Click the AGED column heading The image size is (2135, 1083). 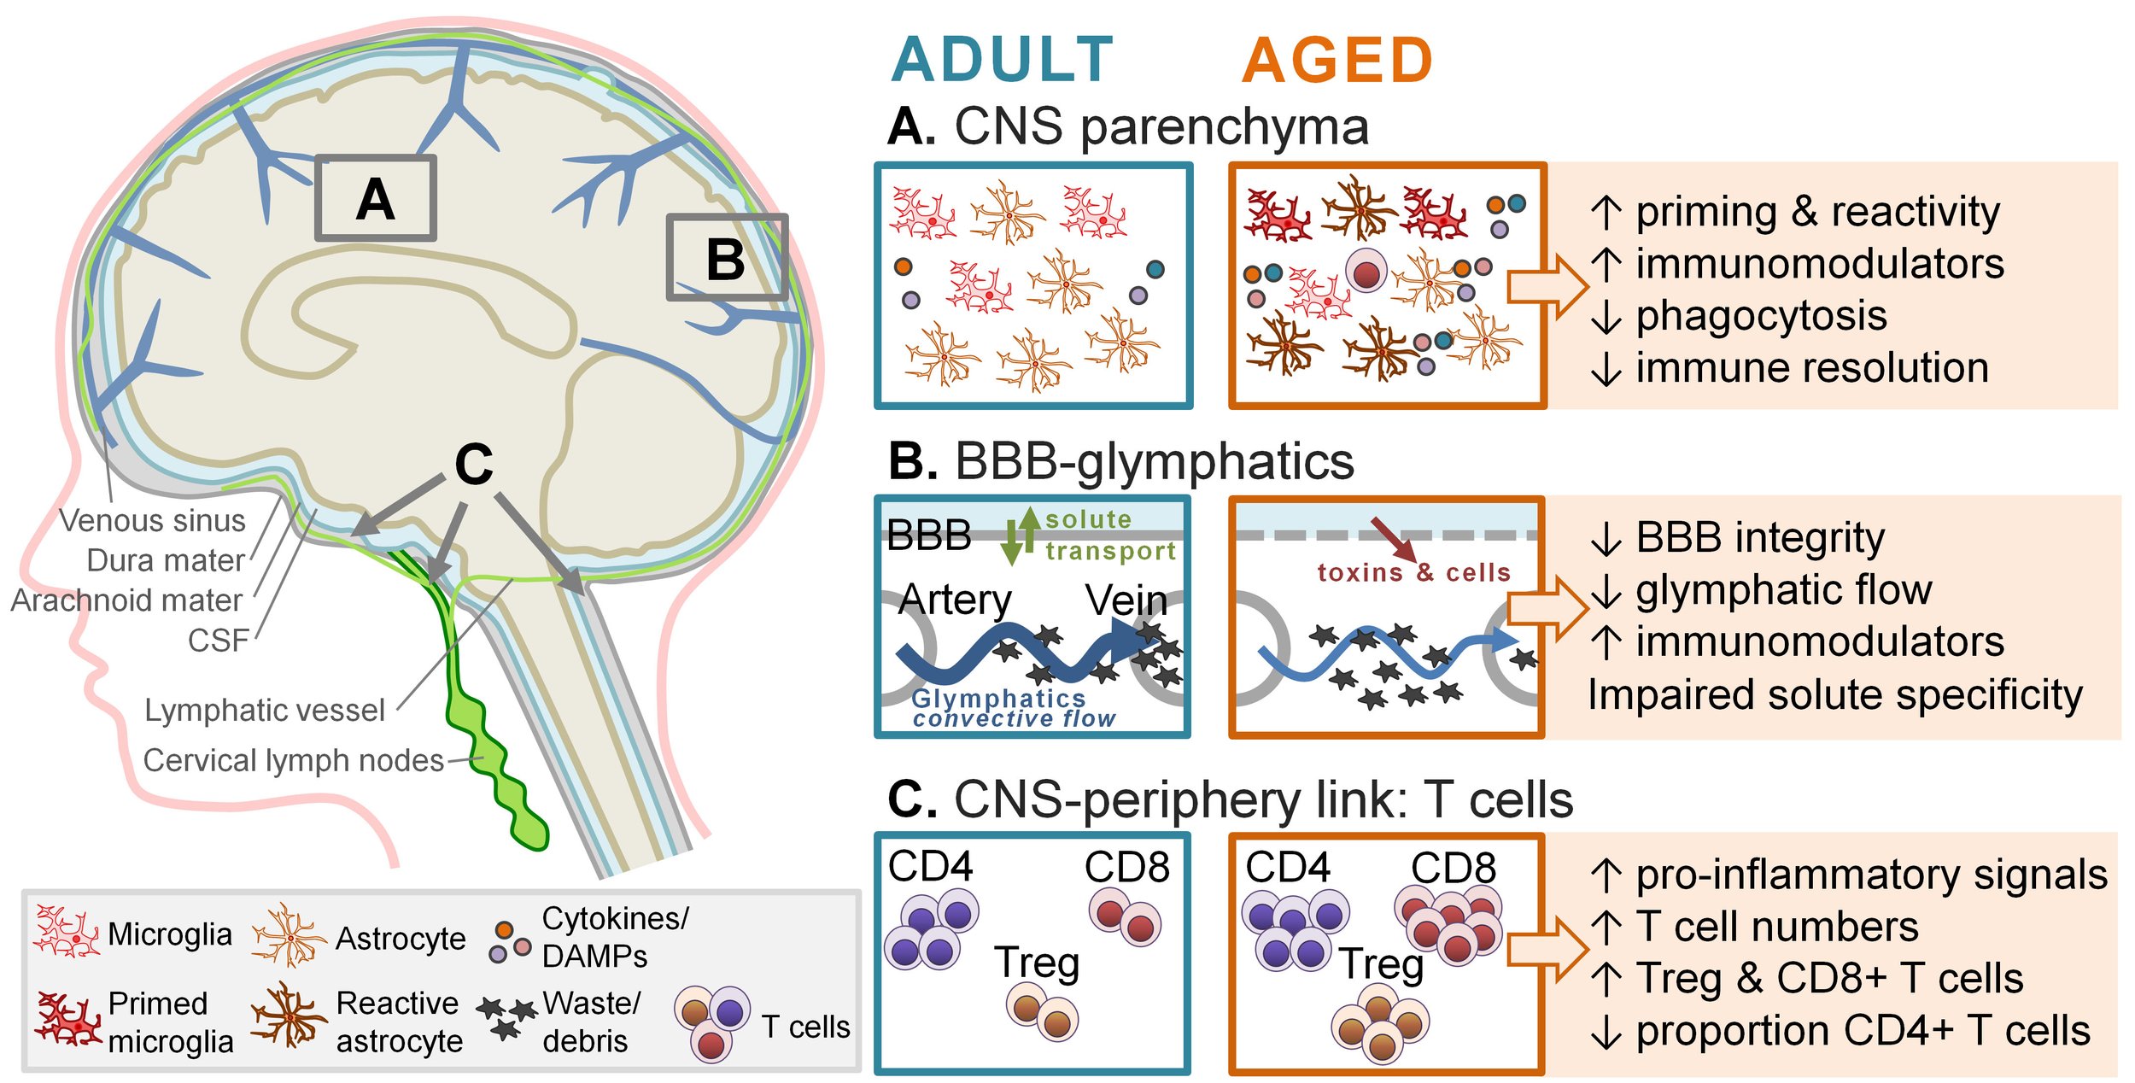[1337, 61]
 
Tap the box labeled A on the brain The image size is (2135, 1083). [376, 198]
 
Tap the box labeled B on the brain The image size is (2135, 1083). [727, 257]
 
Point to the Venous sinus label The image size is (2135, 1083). [152, 520]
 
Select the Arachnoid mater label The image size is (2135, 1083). [127, 600]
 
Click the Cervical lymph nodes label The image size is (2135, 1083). [293, 760]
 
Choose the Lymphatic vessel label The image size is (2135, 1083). [265, 711]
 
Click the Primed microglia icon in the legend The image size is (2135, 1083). [68, 1019]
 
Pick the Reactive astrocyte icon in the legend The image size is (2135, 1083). [289, 1016]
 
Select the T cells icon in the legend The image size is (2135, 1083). [712, 1023]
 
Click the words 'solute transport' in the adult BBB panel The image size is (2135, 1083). [1110, 535]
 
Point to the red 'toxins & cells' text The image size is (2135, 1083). [1413, 572]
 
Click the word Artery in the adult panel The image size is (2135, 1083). [955, 600]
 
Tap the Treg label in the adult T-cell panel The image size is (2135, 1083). [1037, 963]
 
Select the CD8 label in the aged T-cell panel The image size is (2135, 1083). [1454, 868]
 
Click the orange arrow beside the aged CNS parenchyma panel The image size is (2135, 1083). [1547, 286]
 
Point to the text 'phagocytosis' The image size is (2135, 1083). [1761, 316]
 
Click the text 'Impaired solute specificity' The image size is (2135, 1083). [1835, 695]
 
